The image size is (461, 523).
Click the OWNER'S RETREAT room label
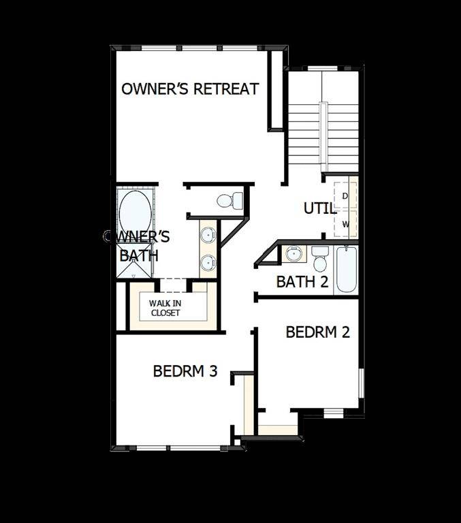pos(190,89)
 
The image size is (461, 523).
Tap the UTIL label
pos(319,208)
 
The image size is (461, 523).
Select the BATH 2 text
pos(302,281)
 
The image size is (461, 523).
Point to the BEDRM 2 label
pos(317,332)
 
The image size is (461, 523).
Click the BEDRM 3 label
pos(185,371)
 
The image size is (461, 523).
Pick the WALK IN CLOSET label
pos(165,308)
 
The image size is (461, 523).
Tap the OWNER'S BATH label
pos(138,246)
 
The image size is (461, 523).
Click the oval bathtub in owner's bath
pos(135,212)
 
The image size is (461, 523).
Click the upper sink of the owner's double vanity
pos(208,236)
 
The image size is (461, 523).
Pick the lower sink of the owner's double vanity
pos(208,261)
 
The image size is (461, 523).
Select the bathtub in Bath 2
pos(346,269)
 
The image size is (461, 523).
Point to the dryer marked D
pos(346,196)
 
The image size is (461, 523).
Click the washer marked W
pos(346,223)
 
